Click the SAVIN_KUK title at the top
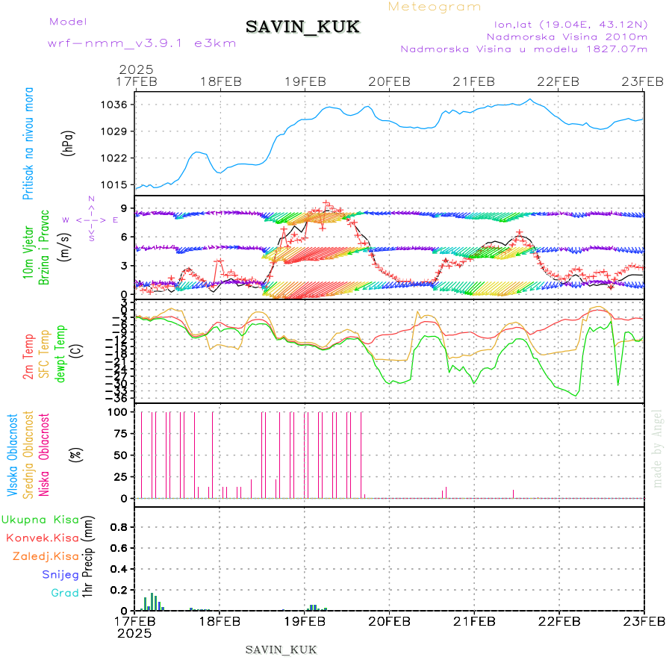click(302, 28)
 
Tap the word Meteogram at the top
click(435, 7)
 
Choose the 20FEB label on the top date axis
click(389, 81)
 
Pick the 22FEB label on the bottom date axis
click(559, 621)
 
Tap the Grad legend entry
click(65, 594)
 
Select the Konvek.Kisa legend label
click(42, 538)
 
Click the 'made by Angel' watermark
click(657, 448)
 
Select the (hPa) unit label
click(68, 143)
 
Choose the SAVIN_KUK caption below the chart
click(281, 650)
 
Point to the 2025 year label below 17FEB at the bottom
click(135, 633)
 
